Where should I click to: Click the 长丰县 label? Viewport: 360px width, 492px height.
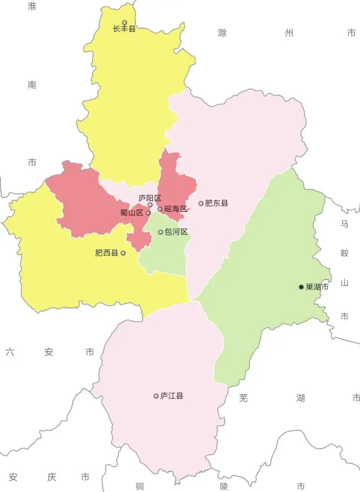click(x=124, y=29)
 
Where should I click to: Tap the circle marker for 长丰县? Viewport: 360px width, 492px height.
click(x=124, y=23)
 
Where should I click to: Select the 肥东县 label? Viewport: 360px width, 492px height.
click(x=216, y=203)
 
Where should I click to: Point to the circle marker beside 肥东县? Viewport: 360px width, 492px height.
click(x=201, y=203)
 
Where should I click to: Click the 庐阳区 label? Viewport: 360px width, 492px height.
click(x=150, y=198)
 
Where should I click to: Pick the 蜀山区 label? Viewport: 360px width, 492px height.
click(x=132, y=213)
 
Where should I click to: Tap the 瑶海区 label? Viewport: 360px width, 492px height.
click(x=175, y=209)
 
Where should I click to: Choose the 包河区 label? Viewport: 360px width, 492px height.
click(x=176, y=232)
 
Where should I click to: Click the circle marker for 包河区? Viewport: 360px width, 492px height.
click(x=160, y=232)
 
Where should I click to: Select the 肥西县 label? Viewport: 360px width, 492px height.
click(x=107, y=253)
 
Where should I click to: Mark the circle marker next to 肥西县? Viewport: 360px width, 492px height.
click(x=123, y=253)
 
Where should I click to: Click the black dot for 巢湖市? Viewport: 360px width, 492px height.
click(x=301, y=287)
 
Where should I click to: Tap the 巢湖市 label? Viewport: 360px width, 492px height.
click(x=317, y=287)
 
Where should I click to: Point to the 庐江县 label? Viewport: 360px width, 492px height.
click(x=172, y=396)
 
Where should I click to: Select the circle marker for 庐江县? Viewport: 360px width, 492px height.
click(x=156, y=396)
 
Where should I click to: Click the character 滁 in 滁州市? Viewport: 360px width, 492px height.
click(x=222, y=33)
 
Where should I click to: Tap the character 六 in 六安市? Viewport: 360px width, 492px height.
click(x=10, y=352)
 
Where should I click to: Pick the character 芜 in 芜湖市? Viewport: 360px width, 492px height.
click(x=243, y=398)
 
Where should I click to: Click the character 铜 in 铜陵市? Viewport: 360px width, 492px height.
click(x=140, y=487)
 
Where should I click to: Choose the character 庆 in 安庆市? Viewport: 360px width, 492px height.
click(x=52, y=477)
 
